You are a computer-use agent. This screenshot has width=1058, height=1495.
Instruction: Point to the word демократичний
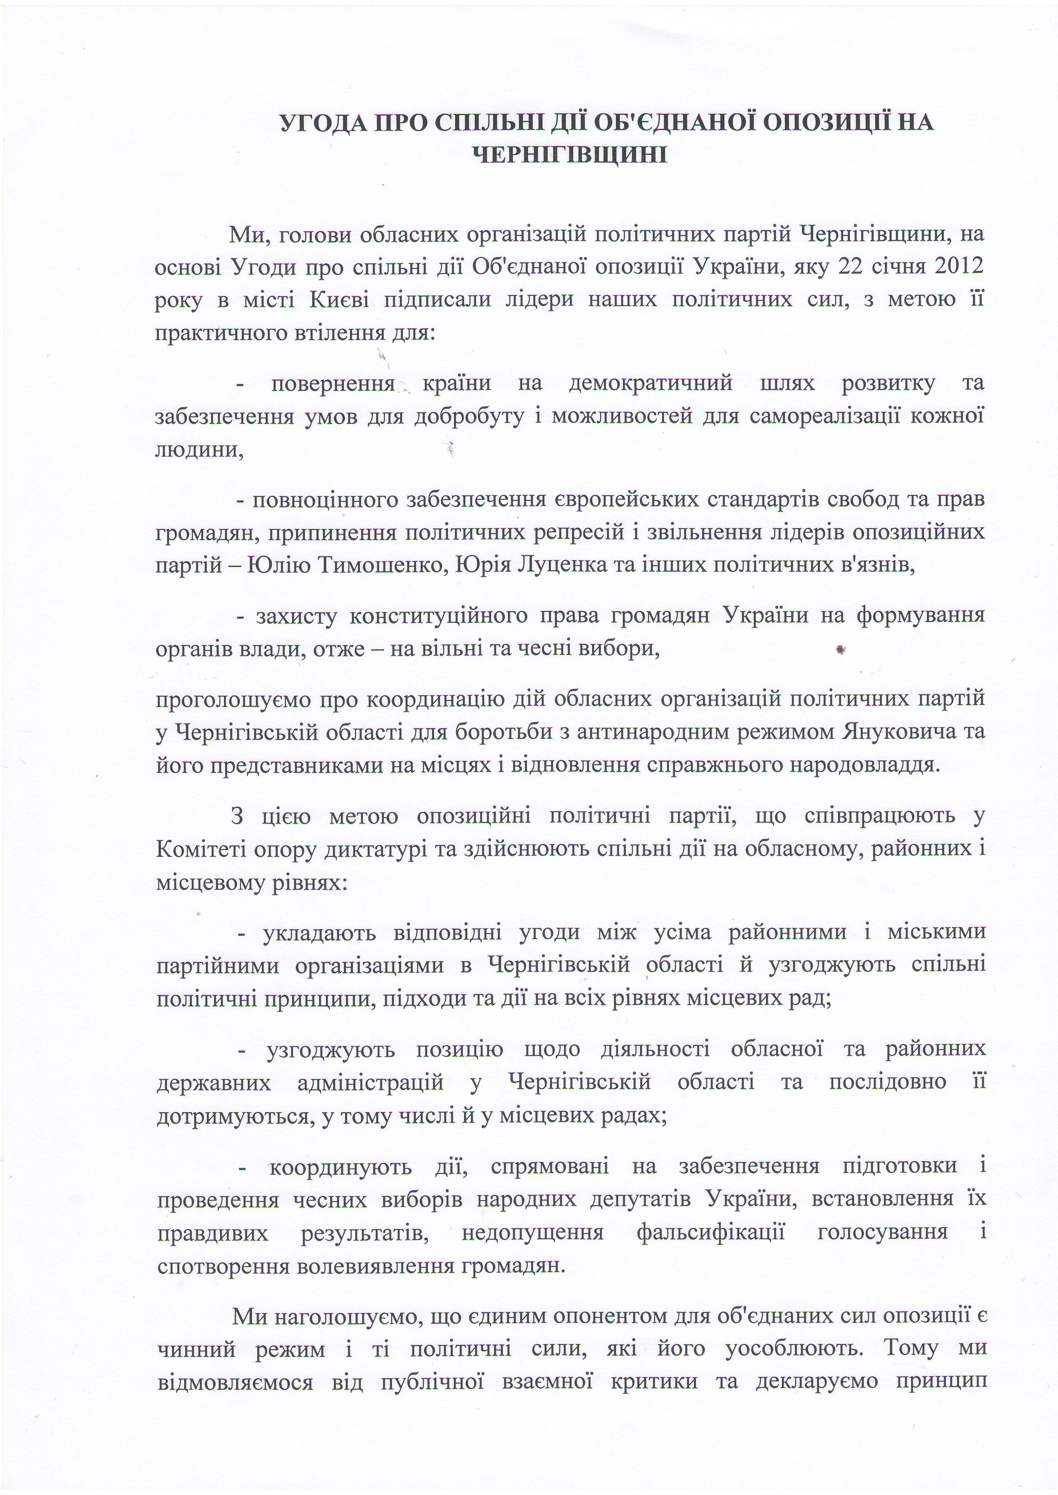[651, 383]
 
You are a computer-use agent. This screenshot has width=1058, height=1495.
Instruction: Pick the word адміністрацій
[370, 1082]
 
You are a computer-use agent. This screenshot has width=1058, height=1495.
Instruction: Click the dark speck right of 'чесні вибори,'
[840, 649]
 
